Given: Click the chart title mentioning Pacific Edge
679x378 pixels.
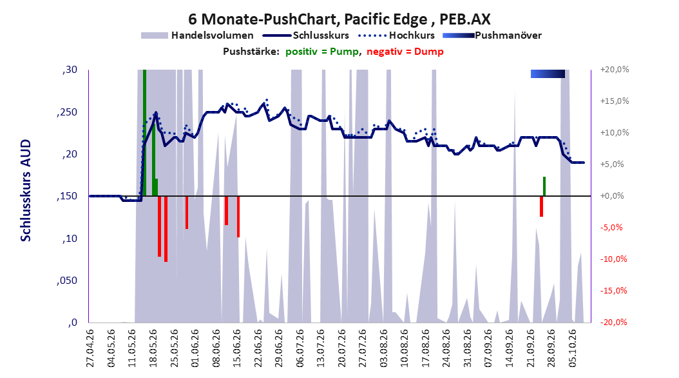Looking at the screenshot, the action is click(x=339, y=19).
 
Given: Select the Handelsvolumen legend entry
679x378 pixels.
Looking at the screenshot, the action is click(x=197, y=35).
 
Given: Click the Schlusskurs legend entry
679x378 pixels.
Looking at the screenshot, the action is click(x=305, y=35).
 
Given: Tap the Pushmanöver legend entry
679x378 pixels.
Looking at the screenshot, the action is click(x=492, y=35).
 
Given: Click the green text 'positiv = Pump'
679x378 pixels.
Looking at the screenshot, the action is click(x=322, y=52).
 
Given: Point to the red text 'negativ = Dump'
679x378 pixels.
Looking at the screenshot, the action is click(x=405, y=52).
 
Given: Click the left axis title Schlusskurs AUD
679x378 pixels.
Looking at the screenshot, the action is click(x=26, y=190).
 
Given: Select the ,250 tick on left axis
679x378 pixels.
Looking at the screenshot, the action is click(x=67, y=112).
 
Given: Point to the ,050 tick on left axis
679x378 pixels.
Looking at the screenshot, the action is click(x=67, y=281).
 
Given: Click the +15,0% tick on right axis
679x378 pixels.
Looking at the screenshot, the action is click(x=615, y=101).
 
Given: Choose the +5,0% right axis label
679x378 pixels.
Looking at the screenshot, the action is click(x=612, y=164).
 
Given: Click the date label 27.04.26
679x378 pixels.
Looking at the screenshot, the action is click(x=90, y=348).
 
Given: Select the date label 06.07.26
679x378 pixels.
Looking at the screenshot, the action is click(x=300, y=348).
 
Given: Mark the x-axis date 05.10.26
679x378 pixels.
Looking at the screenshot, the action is click(x=573, y=348).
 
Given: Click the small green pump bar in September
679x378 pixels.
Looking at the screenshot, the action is click(x=544, y=186).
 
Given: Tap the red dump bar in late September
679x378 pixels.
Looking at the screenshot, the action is click(x=541, y=206).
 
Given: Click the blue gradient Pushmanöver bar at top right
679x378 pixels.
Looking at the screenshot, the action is click(x=548, y=74).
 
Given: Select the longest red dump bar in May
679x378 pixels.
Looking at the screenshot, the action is click(x=166, y=229).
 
